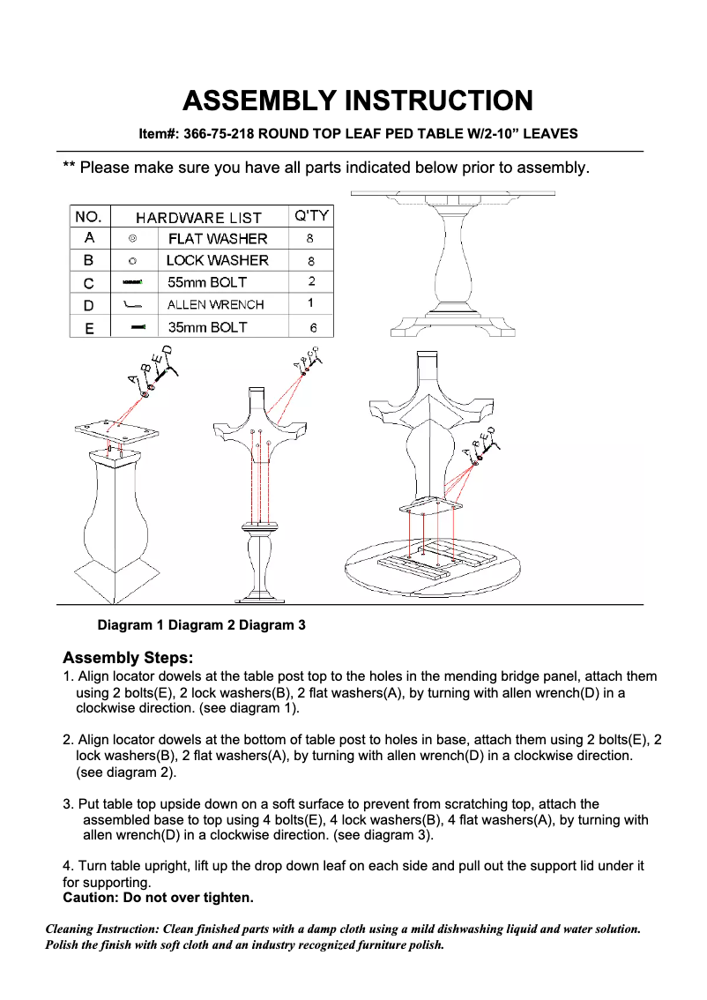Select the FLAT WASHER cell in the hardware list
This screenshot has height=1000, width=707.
point(217,239)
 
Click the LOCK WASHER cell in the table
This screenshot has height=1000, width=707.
point(217,260)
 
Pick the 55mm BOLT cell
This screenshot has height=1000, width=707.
point(207,283)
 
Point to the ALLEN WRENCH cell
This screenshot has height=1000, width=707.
point(215,305)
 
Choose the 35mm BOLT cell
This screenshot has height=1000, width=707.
point(207,327)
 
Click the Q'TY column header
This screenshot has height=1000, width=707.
point(311,216)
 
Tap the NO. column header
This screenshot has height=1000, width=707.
point(89,216)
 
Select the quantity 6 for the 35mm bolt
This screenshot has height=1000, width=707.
point(312,327)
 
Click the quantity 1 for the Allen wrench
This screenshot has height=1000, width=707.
point(311,304)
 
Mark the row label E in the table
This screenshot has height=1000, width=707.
point(89,327)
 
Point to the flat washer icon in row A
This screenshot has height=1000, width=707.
point(132,238)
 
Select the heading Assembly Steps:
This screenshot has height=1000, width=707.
point(128,658)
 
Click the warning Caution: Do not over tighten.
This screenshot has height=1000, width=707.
point(158,898)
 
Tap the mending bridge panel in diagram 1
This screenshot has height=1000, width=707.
point(116,432)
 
